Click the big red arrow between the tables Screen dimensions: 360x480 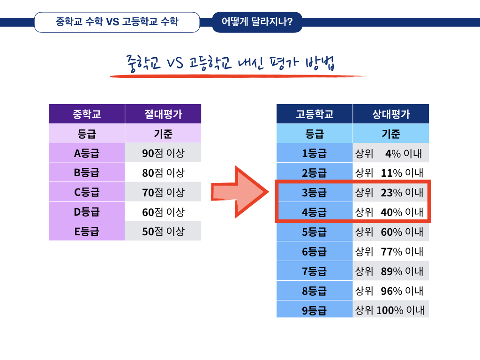pos(239,192)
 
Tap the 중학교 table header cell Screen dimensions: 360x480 pos(87,114)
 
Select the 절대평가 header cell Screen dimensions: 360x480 pos(163,114)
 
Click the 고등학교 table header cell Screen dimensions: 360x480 pos(315,114)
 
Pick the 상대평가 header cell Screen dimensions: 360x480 pos(391,114)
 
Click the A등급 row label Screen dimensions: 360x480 pos(87,153)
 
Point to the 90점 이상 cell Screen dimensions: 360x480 pos(163,153)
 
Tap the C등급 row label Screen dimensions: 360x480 pos(87,192)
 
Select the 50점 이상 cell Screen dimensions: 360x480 pos(163,231)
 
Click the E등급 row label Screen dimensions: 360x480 pos(87,231)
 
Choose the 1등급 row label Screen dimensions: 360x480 pos(315,153)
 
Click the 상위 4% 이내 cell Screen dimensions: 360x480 pos(391,153)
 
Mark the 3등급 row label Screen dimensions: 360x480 pos(315,192)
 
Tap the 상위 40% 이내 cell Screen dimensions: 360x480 pos(391,212)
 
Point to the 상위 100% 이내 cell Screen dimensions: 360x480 pos(391,310)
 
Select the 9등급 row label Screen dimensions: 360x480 pos(315,310)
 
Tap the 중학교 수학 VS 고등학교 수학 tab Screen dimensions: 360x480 pos(117,22)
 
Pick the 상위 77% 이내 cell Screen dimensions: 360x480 pos(391,251)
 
